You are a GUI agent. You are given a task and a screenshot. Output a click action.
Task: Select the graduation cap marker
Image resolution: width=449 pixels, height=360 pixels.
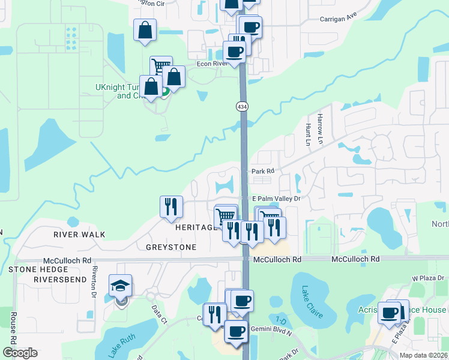[120, 287]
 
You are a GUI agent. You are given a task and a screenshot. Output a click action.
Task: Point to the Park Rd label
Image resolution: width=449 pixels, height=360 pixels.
[262, 171]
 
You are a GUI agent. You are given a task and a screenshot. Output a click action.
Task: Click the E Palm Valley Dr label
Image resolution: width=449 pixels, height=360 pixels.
[276, 199]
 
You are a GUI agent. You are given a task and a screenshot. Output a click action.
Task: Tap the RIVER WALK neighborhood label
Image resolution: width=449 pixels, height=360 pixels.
[79, 235]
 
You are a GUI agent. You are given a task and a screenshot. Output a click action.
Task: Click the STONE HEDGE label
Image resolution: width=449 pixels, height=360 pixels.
[35, 269]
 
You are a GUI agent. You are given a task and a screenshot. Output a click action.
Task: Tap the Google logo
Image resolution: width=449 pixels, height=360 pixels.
[20, 353]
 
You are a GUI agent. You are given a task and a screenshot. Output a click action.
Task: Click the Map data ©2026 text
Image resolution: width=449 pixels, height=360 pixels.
[423, 355]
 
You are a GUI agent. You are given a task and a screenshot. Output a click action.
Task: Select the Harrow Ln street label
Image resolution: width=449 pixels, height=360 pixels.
[321, 128]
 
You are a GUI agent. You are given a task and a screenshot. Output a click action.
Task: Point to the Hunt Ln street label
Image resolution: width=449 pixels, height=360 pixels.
[308, 135]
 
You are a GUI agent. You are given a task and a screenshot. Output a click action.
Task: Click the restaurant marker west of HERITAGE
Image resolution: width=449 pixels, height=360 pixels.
[171, 206]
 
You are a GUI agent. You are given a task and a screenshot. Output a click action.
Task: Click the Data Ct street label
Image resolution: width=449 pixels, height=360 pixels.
[158, 312]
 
